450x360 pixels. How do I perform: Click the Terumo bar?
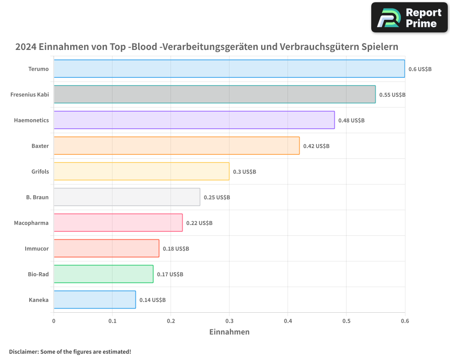[229, 69]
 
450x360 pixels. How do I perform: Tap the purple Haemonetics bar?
[194, 120]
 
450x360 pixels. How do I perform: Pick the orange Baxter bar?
[176, 146]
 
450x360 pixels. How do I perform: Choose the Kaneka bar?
[94, 300]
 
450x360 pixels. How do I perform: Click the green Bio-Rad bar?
[103, 274]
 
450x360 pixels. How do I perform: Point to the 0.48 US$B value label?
[351, 121]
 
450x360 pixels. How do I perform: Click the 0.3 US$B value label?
[244, 172]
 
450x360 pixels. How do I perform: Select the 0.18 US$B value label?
[175, 249]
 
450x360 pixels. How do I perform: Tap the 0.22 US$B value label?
[199, 223]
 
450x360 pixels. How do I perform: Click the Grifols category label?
[40, 171]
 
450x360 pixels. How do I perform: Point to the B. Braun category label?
[37, 197]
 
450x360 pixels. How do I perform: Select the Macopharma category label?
[31, 223]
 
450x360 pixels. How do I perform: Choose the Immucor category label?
[36, 248]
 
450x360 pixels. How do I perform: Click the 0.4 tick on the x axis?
[288, 321]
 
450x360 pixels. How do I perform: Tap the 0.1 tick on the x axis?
[112, 321]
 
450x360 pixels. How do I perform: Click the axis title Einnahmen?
[229, 332]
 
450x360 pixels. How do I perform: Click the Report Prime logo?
[409, 18]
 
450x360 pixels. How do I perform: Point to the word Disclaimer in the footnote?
[23, 352]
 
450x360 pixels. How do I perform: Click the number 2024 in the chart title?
[26, 47]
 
